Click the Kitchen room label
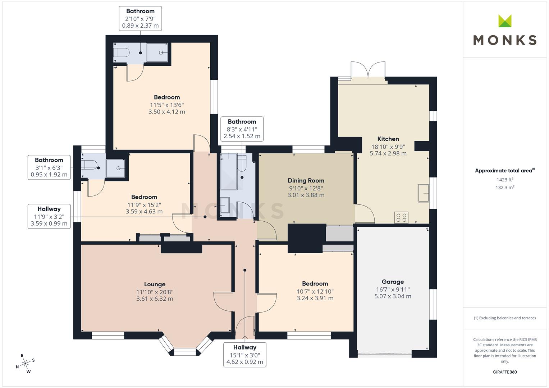(388, 139)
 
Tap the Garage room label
(393, 282)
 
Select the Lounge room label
(155, 284)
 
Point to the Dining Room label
(306, 180)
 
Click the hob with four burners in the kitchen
(401, 217)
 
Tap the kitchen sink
(423, 193)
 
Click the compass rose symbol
(25, 363)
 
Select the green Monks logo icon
(505, 21)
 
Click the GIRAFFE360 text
(505, 372)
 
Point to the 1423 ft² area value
(505, 180)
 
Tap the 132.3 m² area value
(505, 188)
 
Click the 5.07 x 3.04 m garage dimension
(393, 296)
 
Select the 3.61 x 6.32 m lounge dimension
(155, 299)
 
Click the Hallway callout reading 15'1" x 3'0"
(245, 355)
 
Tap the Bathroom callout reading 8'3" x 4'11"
(242, 129)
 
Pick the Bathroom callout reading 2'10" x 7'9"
(141, 18)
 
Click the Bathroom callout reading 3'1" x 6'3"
(49, 167)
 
